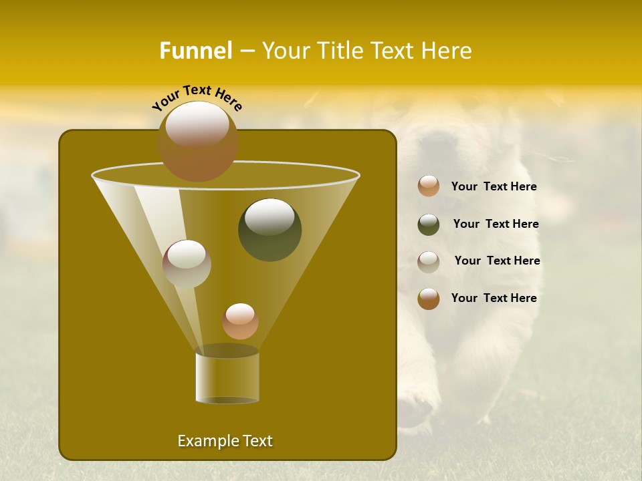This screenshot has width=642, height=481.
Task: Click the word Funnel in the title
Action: click(x=195, y=51)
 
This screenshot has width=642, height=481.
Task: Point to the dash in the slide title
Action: click(x=247, y=51)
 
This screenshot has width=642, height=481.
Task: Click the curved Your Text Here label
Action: click(x=197, y=98)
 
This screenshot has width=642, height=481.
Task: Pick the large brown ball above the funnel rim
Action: click(x=197, y=142)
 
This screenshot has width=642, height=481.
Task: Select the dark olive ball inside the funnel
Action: click(x=270, y=229)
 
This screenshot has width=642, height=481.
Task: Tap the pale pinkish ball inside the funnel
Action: click(x=187, y=264)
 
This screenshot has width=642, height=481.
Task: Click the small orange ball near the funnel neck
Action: click(x=240, y=321)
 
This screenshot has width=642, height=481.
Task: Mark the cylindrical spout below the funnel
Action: click(x=227, y=377)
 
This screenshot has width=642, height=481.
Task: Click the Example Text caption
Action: click(x=225, y=441)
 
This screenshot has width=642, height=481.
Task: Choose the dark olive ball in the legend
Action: click(x=429, y=224)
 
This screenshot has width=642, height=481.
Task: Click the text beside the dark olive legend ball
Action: click(x=496, y=224)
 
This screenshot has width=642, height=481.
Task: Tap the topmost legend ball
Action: click(x=429, y=186)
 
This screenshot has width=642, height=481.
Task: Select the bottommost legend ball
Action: click(x=429, y=299)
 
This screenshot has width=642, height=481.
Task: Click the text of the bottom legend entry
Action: click(x=494, y=298)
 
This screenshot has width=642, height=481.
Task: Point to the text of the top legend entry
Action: click(x=494, y=186)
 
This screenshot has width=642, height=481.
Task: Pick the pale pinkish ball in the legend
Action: click(x=429, y=262)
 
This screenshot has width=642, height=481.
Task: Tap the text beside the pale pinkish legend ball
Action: click(x=497, y=261)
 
